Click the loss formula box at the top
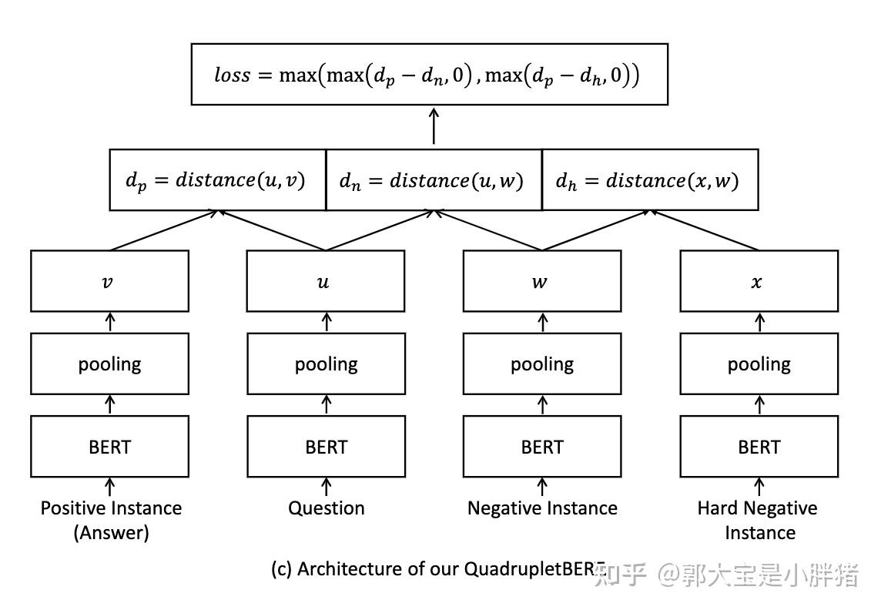click(x=429, y=74)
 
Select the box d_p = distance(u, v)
click(x=217, y=180)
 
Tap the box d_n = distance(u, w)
click(x=434, y=180)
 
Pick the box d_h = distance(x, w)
click(x=650, y=180)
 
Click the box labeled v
click(x=109, y=281)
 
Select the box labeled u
click(x=326, y=281)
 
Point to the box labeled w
click(x=542, y=281)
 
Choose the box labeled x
click(x=759, y=281)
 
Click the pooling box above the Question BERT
click(x=326, y=364)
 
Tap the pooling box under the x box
click(x=759, y=364)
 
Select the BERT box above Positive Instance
click(x=109, y=447)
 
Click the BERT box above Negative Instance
click(x=542, y=447)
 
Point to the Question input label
click(x=327, y=508)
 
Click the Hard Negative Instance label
click(x=758, y=520)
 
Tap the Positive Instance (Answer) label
click(x=111, y=520)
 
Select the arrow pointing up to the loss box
click(x=434, y=126)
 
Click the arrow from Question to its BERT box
click(x=326, y=486)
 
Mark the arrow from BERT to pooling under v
click(x=109, y=404)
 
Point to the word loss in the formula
click(x=232, y=75)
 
